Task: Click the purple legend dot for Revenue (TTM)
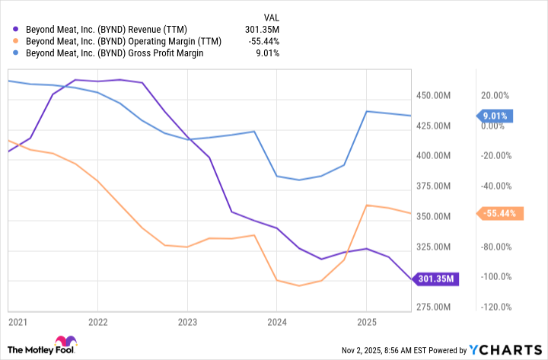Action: tap(17, 29)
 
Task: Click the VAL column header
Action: tap(271, 16)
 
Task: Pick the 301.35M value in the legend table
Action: tap(262, 29)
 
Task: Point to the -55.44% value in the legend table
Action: tap(263, 41)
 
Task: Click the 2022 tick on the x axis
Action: tap(97, 321)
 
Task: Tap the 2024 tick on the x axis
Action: tap(277, 321)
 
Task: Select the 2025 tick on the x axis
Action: tap(367, 321)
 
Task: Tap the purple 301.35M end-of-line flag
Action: tap(436, 279)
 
